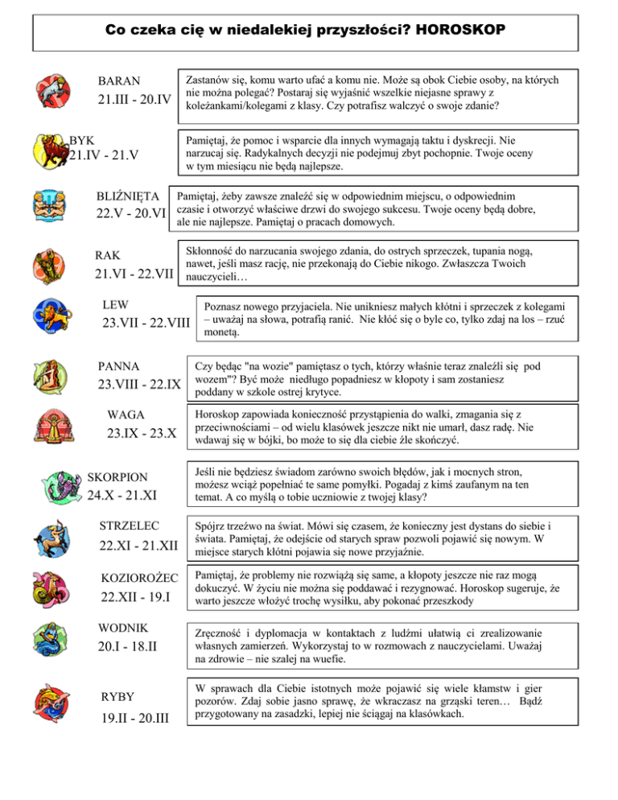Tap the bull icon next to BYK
click(47, 148)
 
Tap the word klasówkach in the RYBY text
click(423, 714)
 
